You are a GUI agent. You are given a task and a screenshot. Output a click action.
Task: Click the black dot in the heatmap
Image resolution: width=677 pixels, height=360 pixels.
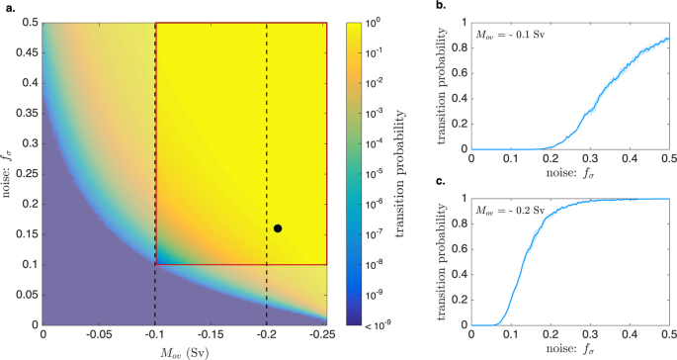[278, 228]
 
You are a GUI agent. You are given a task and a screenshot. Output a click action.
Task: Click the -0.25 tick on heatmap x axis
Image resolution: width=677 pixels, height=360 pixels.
[325, 335]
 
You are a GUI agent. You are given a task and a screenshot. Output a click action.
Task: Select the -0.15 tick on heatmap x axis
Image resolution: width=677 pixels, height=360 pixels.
[212, 335]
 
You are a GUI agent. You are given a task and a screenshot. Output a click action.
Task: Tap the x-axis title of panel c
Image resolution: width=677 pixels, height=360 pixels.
[570, 350]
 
